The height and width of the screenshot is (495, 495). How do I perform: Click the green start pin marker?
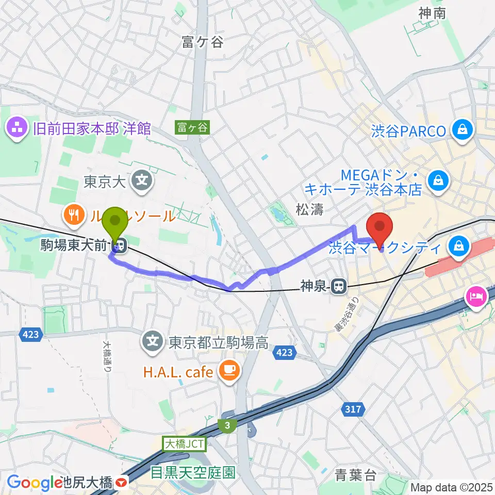tap(115, 223)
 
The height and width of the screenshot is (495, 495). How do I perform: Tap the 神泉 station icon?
tap(339, 285)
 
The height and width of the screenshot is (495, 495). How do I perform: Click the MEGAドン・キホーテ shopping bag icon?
tap(437, 180)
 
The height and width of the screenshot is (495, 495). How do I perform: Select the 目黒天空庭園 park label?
tap(193, 472)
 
